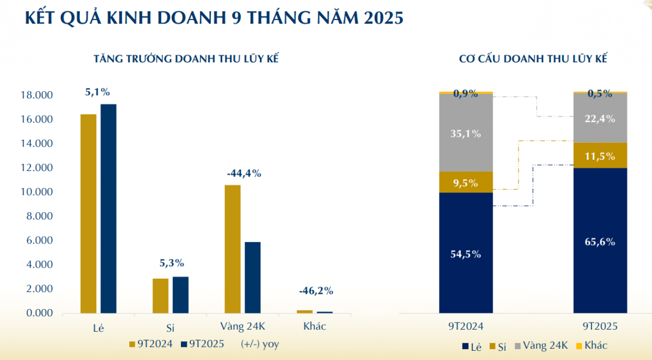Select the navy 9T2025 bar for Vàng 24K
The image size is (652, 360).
click(253, 277)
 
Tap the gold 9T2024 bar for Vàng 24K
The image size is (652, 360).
click(233, 249)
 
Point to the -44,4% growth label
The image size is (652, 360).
click(244, 174)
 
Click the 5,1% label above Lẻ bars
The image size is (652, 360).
click(98, 92)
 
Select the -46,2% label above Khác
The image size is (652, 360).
click(316, 290)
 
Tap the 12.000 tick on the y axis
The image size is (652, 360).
click(37, 168)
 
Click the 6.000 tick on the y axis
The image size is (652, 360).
click(37, 241)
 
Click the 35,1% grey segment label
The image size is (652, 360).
click(465, 133)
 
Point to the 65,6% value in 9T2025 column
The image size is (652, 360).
click(600, 242)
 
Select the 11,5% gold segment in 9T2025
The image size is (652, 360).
click(600, 156)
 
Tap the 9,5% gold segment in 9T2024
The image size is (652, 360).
click(465, 183)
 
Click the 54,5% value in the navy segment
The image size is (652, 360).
click(465, 254)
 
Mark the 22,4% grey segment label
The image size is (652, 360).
click(600, 119)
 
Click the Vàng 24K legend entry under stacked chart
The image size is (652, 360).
click(541, 345)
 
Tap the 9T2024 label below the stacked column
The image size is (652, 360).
click(465, 327)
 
